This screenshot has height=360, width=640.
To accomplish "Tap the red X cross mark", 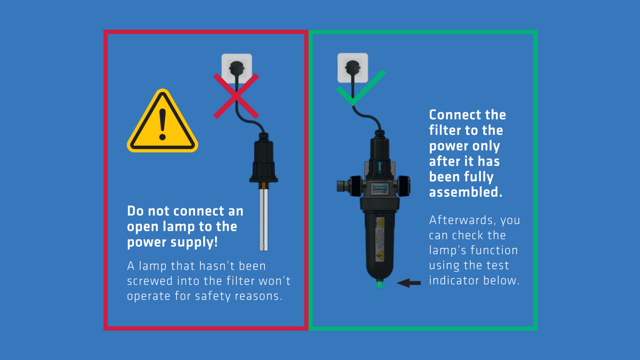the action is pyautogui.click(x=236, y=96).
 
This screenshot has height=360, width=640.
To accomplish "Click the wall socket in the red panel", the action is pyautogui.click(x=237, y=68).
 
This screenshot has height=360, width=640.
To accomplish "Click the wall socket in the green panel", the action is pyautogui.click(x=352, y=68).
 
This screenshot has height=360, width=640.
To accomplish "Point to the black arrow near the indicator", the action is pyautogui.click(x=408, y=283).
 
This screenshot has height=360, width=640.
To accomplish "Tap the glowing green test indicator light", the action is pyautogui.click(x=380, y=284).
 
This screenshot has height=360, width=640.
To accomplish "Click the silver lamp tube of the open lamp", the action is pyautogui.click(x=264, y=220).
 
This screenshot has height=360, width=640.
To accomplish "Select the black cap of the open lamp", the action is pyautogui.click(x=264, y=158).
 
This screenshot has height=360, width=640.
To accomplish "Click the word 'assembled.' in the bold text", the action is pyautogui.click(x=466, y=192).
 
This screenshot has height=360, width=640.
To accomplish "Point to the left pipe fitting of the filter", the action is pyautogui.click(x=343, y=186).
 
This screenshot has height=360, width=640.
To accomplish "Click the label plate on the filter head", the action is pyautogui.click(x=380, y=189).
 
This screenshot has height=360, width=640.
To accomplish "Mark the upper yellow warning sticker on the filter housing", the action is pyautogui.click(x=380, y=223).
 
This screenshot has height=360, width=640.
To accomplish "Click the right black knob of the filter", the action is pyautogui.click(x=404, y=186).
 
